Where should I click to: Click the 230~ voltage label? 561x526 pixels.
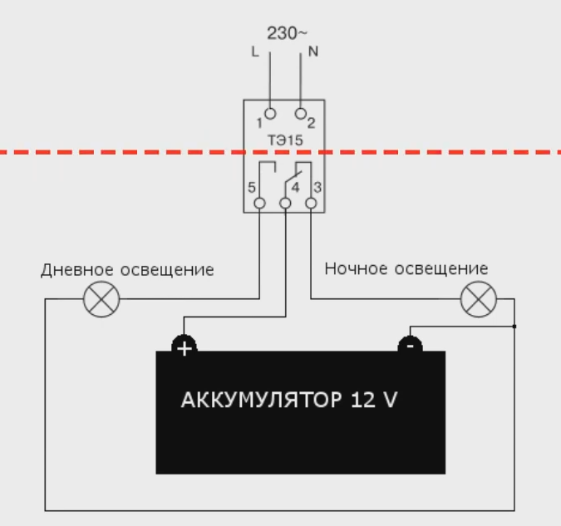[287, 33]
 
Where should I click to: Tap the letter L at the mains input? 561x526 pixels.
[255, 52]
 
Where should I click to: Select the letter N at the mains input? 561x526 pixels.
[313, 52]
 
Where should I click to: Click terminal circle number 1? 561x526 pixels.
[270, 114]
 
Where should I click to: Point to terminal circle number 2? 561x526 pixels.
[301, 114]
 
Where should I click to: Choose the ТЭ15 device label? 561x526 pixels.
[286, 140]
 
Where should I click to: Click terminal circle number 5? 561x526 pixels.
[260, 204]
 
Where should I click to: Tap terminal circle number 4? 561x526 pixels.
[285, 204]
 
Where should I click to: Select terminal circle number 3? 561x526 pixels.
[311, 204]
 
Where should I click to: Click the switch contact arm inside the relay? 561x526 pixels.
[293, 177]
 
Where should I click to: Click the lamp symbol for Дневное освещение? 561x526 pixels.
[101, 299]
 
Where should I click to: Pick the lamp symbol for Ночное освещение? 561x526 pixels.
[479, 299]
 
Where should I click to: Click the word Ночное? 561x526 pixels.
[356, 268]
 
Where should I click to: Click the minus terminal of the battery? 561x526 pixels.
[411, 345]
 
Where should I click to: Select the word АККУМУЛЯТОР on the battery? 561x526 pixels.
[261, 400]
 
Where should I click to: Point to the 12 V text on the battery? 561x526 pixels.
[374, 400]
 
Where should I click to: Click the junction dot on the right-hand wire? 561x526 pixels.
[514, 327]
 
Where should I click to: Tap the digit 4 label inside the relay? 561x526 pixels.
[295, 187]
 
